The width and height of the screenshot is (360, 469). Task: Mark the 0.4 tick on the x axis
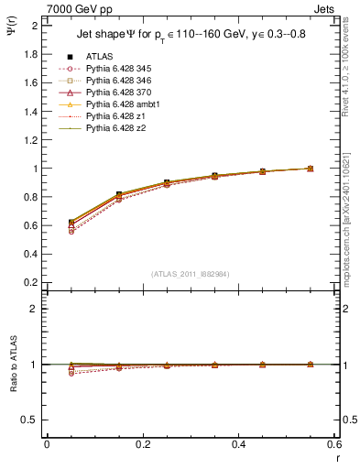coord(238,443)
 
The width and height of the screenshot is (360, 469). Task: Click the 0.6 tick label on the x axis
coord(333,443)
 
